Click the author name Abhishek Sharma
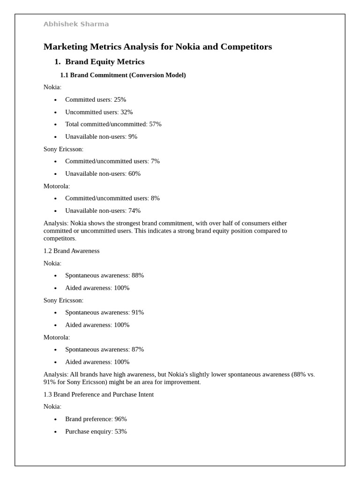coord(76,24)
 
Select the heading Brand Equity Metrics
coord(105,62)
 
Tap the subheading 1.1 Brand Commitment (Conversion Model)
coord(123,75)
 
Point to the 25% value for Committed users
coord(120,99)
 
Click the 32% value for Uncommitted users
coord(127,112)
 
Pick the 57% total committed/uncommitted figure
coord(155,124)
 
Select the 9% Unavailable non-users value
coord(133,137)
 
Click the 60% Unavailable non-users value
coord(135,173)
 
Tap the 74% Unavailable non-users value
coord(135,210)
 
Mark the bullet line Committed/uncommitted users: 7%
coord(112,161)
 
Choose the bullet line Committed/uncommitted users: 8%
coord(112,198)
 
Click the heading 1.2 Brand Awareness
coord(71,251)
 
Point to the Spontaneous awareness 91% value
coord(138,312)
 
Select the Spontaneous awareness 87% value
coord(138,349)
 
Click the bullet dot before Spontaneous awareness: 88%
coord(55,276)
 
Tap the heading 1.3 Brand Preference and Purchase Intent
coord(98,394)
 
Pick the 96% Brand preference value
coord(120,419)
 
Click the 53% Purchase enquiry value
coord(120,431)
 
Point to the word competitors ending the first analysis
coord(59,239)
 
